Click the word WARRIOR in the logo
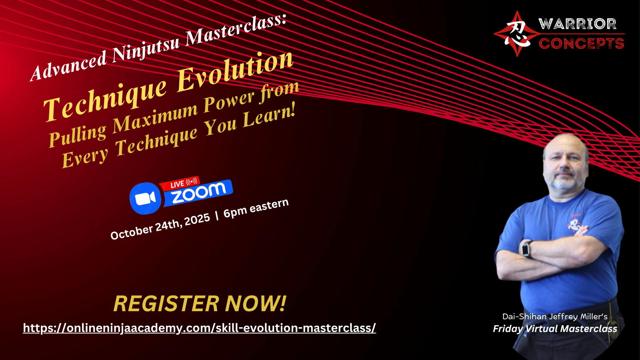tap(577, 24)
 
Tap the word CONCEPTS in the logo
tap(582, 44)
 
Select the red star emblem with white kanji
tap(517, 34)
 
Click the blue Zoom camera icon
tap(146, 198)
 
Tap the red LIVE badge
tap(180, 184)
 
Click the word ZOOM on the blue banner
tap(199, 193)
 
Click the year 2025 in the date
tap(197, 220)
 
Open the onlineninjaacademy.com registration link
tap(200, 328)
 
